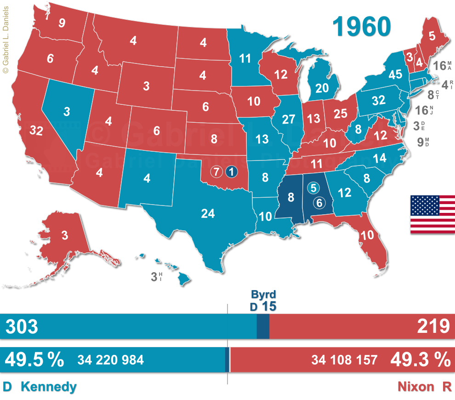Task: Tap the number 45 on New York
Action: point(395,74)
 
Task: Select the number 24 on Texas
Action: point(208,213)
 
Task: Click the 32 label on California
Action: point(36,131)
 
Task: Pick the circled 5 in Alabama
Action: point(313,188)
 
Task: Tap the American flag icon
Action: point(432,214)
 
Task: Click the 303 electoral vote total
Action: point(22,327)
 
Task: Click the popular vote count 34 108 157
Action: point(344,360)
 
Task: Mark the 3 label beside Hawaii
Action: point(154,277)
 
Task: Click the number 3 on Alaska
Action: point(65,236)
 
